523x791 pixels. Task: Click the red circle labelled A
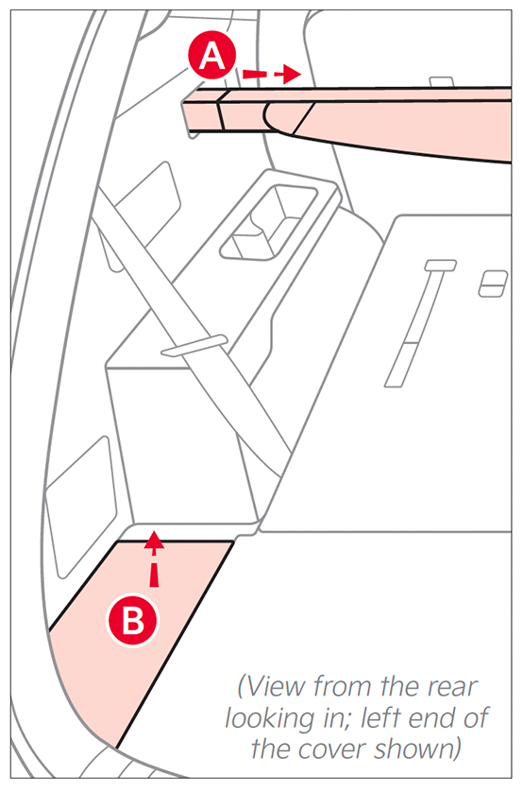tap(212, 56)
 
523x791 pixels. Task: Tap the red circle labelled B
tap(132, 621)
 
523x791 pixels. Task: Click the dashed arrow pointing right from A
tap(271, 74)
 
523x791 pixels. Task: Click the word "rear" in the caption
tap(451, 686)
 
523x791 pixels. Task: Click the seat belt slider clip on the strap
tap(194, 346)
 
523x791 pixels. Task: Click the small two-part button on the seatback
tap(493, 284)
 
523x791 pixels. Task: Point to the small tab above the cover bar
tap(441, 81)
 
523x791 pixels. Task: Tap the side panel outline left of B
tap(80, 507)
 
